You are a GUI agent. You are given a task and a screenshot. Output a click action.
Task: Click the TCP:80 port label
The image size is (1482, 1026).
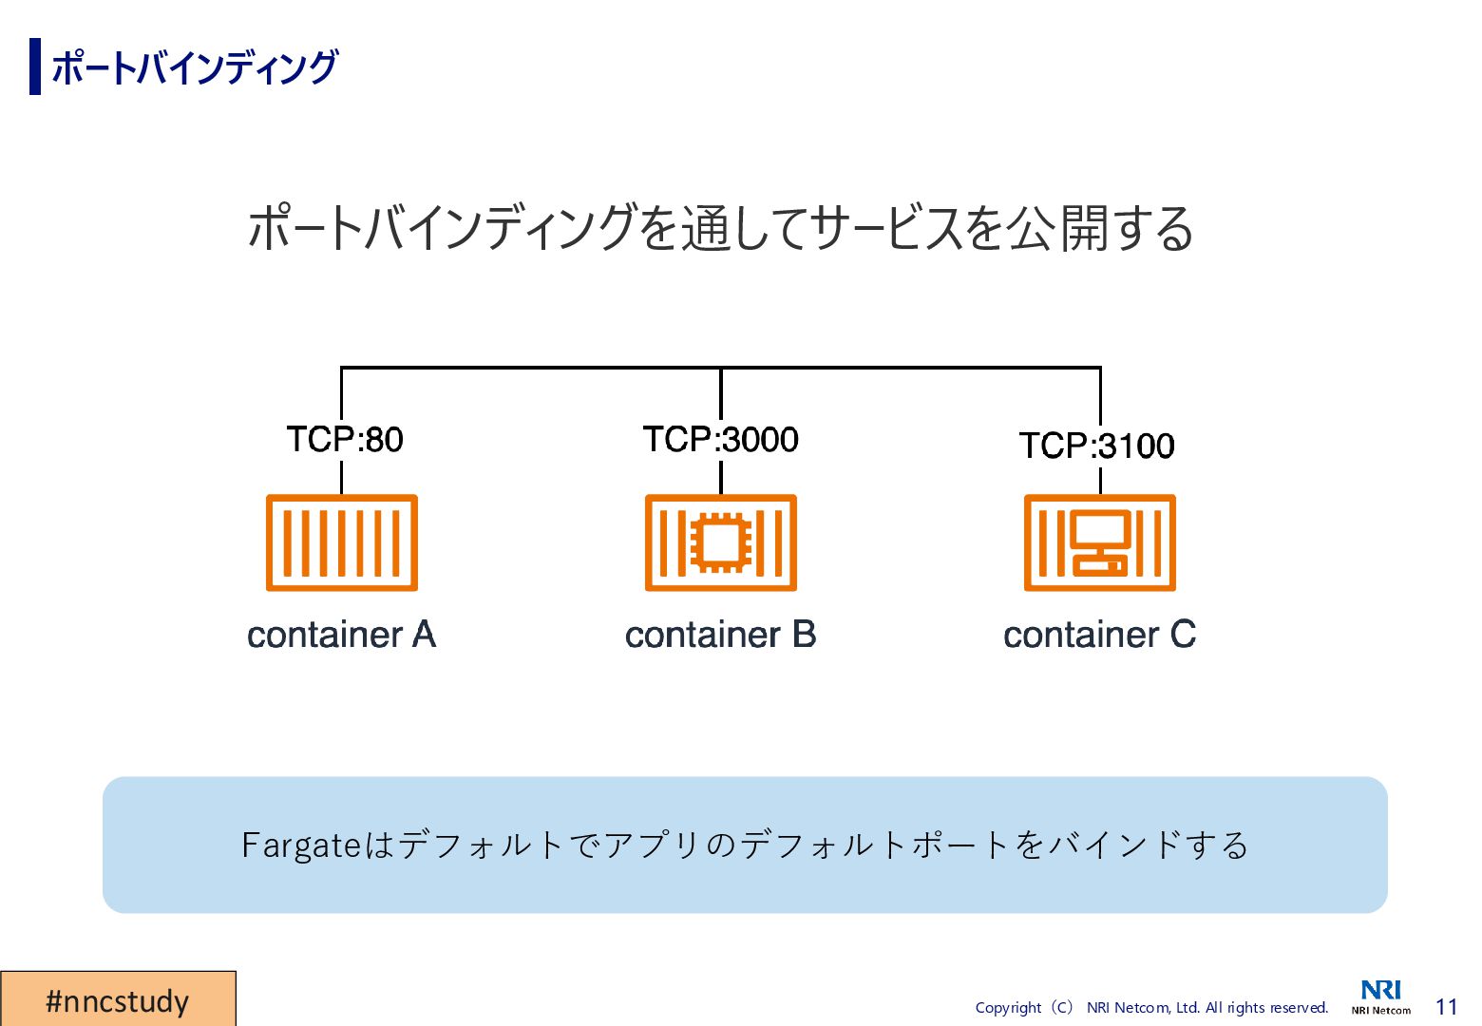(x=345, y=440)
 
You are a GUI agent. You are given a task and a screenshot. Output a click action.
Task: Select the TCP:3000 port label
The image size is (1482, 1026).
(x=720, y=440)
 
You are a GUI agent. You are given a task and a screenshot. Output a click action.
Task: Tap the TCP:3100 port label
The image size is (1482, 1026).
(x=1096, y=446)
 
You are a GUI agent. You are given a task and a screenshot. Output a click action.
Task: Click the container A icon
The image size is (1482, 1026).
(x=342, y=542)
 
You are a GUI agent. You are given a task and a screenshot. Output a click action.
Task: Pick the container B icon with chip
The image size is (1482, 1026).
(x=720, y=542)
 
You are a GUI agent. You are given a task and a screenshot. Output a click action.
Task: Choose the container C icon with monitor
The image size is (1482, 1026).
(x=1099, y=542)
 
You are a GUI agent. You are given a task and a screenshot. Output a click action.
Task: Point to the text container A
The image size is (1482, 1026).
(x=341, y=635)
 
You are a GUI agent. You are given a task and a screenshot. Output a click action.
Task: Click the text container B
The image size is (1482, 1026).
(x=720, y=635)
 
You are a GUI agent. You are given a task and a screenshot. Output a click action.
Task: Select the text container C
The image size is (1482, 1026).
(x=1099, y=635)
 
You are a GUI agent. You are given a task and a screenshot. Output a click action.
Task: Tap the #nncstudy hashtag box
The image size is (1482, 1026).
(x=118, y=999)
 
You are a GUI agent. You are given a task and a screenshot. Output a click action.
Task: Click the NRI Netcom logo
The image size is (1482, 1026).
(x=1380, y=997)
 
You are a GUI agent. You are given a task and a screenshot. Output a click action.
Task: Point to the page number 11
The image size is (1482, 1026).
(x=1446, y=1007)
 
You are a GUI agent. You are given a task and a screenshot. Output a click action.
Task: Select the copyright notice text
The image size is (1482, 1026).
(x=1151, y=1008)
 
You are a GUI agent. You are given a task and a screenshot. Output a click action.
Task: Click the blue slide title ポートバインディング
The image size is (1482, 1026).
(x=195, y=67)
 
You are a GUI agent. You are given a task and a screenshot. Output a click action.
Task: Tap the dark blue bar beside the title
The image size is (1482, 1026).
(x=35, y=66)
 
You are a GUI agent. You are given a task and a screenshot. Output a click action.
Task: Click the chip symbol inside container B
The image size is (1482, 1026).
(x=721, y=542)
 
